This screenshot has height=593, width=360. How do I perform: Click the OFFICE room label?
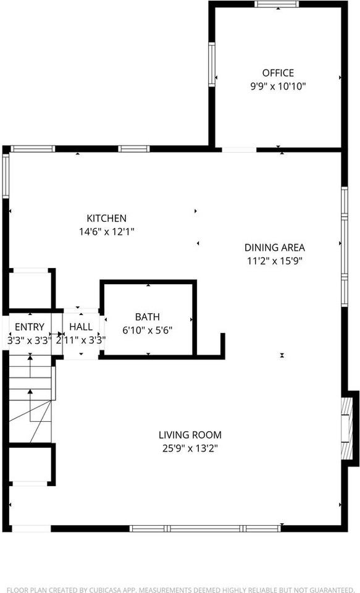[x=278, y=73]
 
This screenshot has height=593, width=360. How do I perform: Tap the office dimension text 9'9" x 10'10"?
[x=278, y=86]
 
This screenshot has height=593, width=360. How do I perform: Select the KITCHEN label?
[x=106, y=218]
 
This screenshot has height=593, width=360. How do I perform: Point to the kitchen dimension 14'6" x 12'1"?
[x=106, y=232]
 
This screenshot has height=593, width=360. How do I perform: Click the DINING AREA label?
[x=275, y=248]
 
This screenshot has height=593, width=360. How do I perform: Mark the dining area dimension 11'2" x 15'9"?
[x=275, y=261]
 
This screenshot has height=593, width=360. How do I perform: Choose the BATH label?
[x=148, y=316]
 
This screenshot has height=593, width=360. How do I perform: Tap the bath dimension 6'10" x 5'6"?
[x=148, y=330]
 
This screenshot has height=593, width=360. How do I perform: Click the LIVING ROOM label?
[x=190, y=435]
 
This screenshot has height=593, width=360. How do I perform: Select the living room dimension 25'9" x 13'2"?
[x=190, y=448]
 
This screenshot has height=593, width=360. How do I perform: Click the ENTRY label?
[x=29, y=327]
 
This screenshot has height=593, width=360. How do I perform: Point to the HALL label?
[x=81, y=327]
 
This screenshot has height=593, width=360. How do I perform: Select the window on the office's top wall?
[x=277, y=4]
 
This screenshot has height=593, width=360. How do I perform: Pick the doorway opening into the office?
[x=239, y=149]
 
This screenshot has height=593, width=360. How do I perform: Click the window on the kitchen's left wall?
[x=6, y=175]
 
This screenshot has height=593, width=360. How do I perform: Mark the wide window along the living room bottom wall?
[x=206, y=529]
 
